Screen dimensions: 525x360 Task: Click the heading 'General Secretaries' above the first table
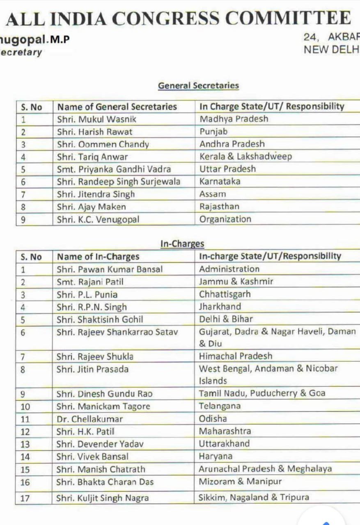pyautogui.click(x=198, y=86)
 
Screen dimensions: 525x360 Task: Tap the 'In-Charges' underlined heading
pyautogui.click(x=182, y=244)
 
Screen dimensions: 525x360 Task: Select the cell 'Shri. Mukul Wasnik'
pyautogui.click(x=96, y=119)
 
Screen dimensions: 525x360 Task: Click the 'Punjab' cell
pyautogui.click(x=213, y=132)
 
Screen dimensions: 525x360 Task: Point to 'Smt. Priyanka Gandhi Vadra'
pyautogui.click(x=114, y=169)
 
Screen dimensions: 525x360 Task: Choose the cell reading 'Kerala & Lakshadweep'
pyautogui.click(x=245, y=157)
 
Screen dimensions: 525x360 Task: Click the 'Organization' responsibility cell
pyautogui.click(x=225, y=219)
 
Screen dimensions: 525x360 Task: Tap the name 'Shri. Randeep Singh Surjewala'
pyautogui.click(x=118, y=182)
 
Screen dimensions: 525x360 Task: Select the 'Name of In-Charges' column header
pyautogui.click(x=98, y=257)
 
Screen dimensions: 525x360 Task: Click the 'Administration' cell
pyautogui.click(x=229, y=269)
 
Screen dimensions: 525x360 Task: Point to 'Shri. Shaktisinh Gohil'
pyautogui.click(x=100, y=319)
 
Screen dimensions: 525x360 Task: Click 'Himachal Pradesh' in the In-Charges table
pyautogui.click(x=236, y=356)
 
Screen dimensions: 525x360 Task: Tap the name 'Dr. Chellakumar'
pyautogui.click(x=89, y=419)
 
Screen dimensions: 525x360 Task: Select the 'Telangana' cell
pyautogui.click(x=220, y=406)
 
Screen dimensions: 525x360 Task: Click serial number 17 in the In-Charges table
pyautogui.click(x=25, y=498)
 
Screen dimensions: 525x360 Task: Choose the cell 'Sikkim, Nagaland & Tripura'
pyautogui.click(x=254, y=498)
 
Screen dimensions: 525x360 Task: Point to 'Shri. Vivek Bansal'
pyautogui.click(x=92, y=457)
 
